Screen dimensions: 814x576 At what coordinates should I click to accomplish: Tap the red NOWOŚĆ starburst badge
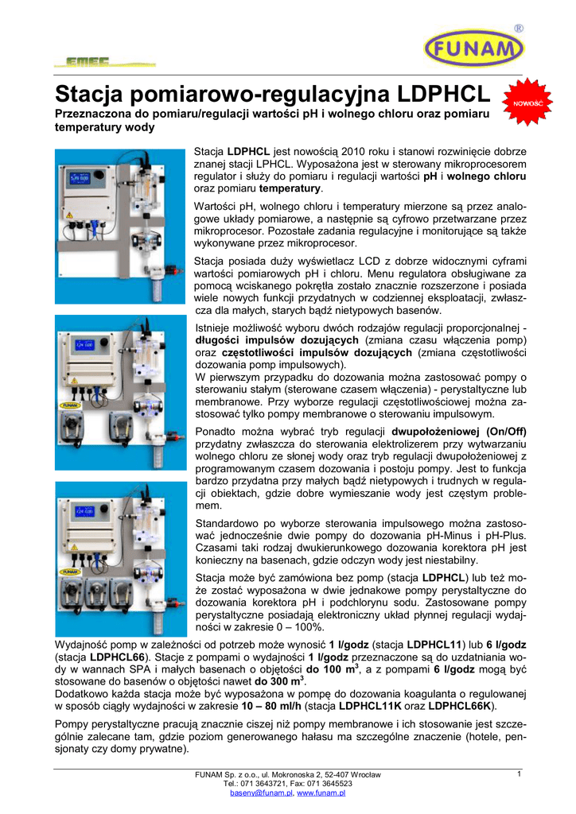pyautogui.click(x=527, y=104)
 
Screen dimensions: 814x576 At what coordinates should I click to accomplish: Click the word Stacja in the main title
pyautogui.click(x=94, y=95)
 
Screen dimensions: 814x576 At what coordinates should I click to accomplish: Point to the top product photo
pyautogui.click(x=120, y=226)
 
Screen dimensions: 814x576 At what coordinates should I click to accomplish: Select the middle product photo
pyautogui.click(x=120, y=393)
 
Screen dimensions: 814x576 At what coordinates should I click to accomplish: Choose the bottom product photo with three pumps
pyautogui.click(x=120, y=557)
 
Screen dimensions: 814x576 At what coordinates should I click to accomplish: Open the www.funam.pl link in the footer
pyautogui.click(x=321, y=793)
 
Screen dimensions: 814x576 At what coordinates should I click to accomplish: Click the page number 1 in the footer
pyautogui.click(x=518, y=774)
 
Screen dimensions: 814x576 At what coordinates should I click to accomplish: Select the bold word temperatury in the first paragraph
pyautogui.click(x=290, y=188)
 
